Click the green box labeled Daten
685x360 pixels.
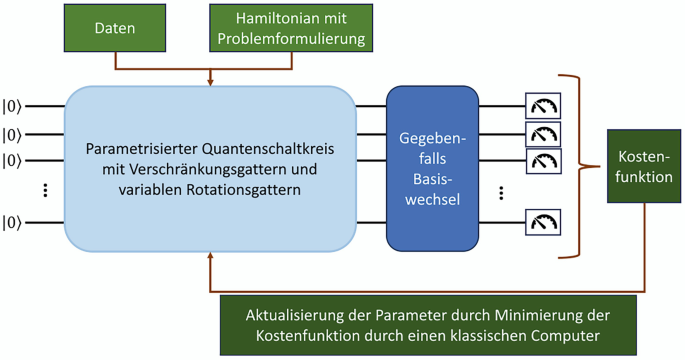pyautogui.click(x=114, y=28)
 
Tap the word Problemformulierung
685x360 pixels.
pyautogui.click(x=291, y=40)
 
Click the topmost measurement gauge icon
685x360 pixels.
pyautogui.click(x=543, y=105)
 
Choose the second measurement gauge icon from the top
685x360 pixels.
pyautogui.click(x=543, y=133)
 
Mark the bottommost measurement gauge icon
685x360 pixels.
pyautogui.click(x=543, y=222)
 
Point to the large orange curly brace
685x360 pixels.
pyautogui.click(x=572, y=165)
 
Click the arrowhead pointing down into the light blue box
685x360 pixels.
pyautogui.click(x=210, y=81)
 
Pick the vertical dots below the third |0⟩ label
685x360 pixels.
pyautogui.click(x=46, y=191)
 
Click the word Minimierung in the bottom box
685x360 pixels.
pyautogui.click(x=527, y=315)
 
